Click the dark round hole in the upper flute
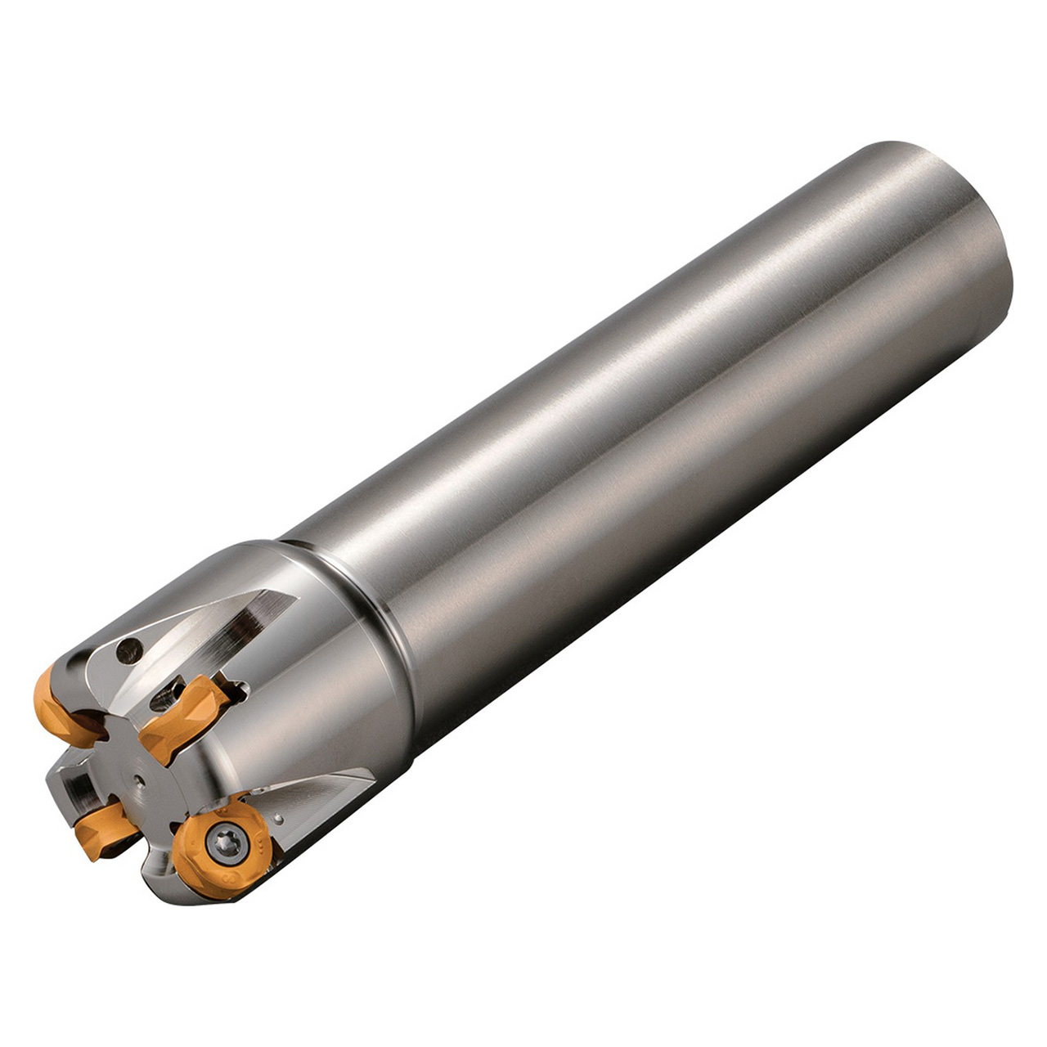tap(128, 652)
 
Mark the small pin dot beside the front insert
tap(279, 818)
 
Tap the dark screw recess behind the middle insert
tap(168, 694)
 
